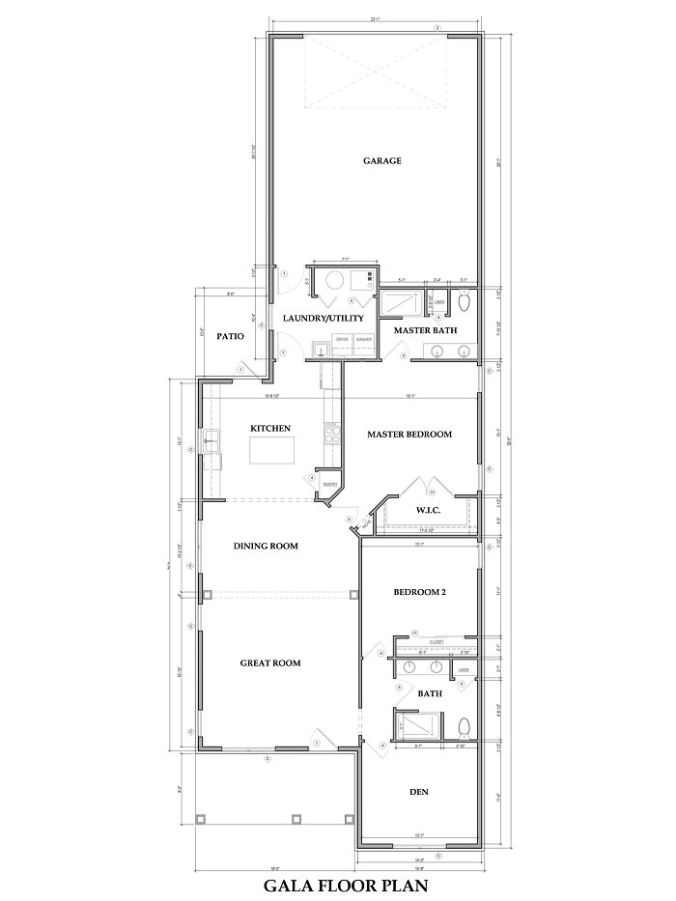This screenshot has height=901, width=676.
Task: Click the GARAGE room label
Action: point(381,161)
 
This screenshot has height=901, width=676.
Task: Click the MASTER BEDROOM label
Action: point(409,435)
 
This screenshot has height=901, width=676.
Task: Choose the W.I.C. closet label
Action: point(428,509)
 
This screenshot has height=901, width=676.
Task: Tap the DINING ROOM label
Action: point(265,547)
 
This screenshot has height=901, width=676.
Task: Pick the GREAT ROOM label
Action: point(270,663)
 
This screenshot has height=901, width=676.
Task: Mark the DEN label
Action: point(418,793)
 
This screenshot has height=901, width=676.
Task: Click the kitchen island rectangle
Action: point(271,450)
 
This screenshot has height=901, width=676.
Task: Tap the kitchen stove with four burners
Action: point(331,434)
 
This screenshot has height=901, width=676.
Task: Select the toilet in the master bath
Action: point(464,303)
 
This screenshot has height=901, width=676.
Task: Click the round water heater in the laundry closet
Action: point(333,282)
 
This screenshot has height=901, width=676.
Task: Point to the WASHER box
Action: point(364,340)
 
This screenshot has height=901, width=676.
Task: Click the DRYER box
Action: point(341,340)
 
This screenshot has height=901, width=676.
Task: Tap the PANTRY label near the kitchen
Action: point(328,484)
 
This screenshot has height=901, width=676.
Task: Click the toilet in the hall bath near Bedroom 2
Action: point(464,726)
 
